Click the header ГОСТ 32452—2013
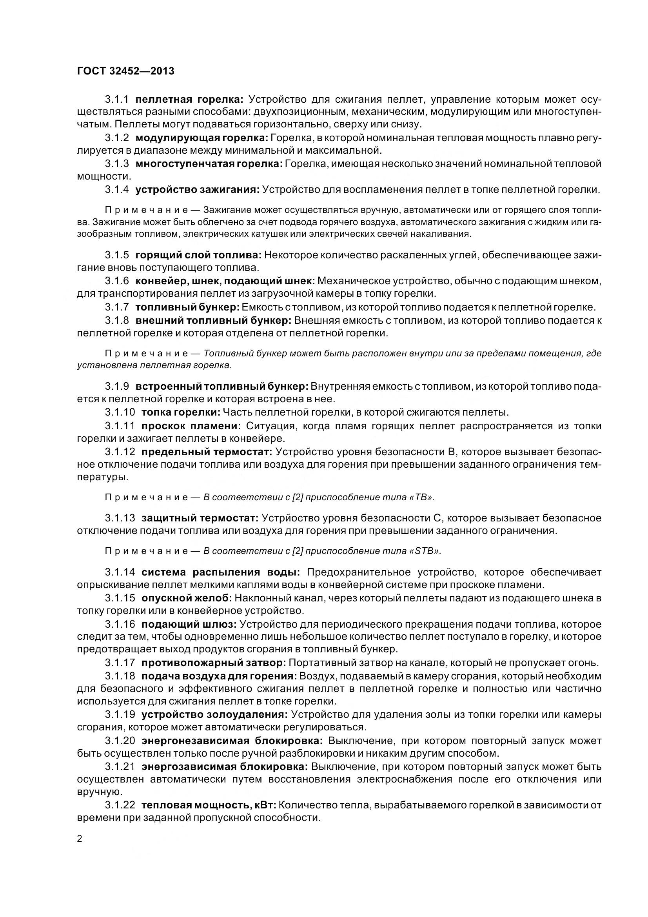125,71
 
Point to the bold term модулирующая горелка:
202,138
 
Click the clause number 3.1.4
117,190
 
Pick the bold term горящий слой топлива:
198,255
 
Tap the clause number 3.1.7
117,307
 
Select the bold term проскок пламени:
191,426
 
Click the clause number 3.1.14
120,572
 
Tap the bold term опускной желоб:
187,598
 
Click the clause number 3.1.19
120,715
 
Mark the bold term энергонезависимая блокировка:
232,741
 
